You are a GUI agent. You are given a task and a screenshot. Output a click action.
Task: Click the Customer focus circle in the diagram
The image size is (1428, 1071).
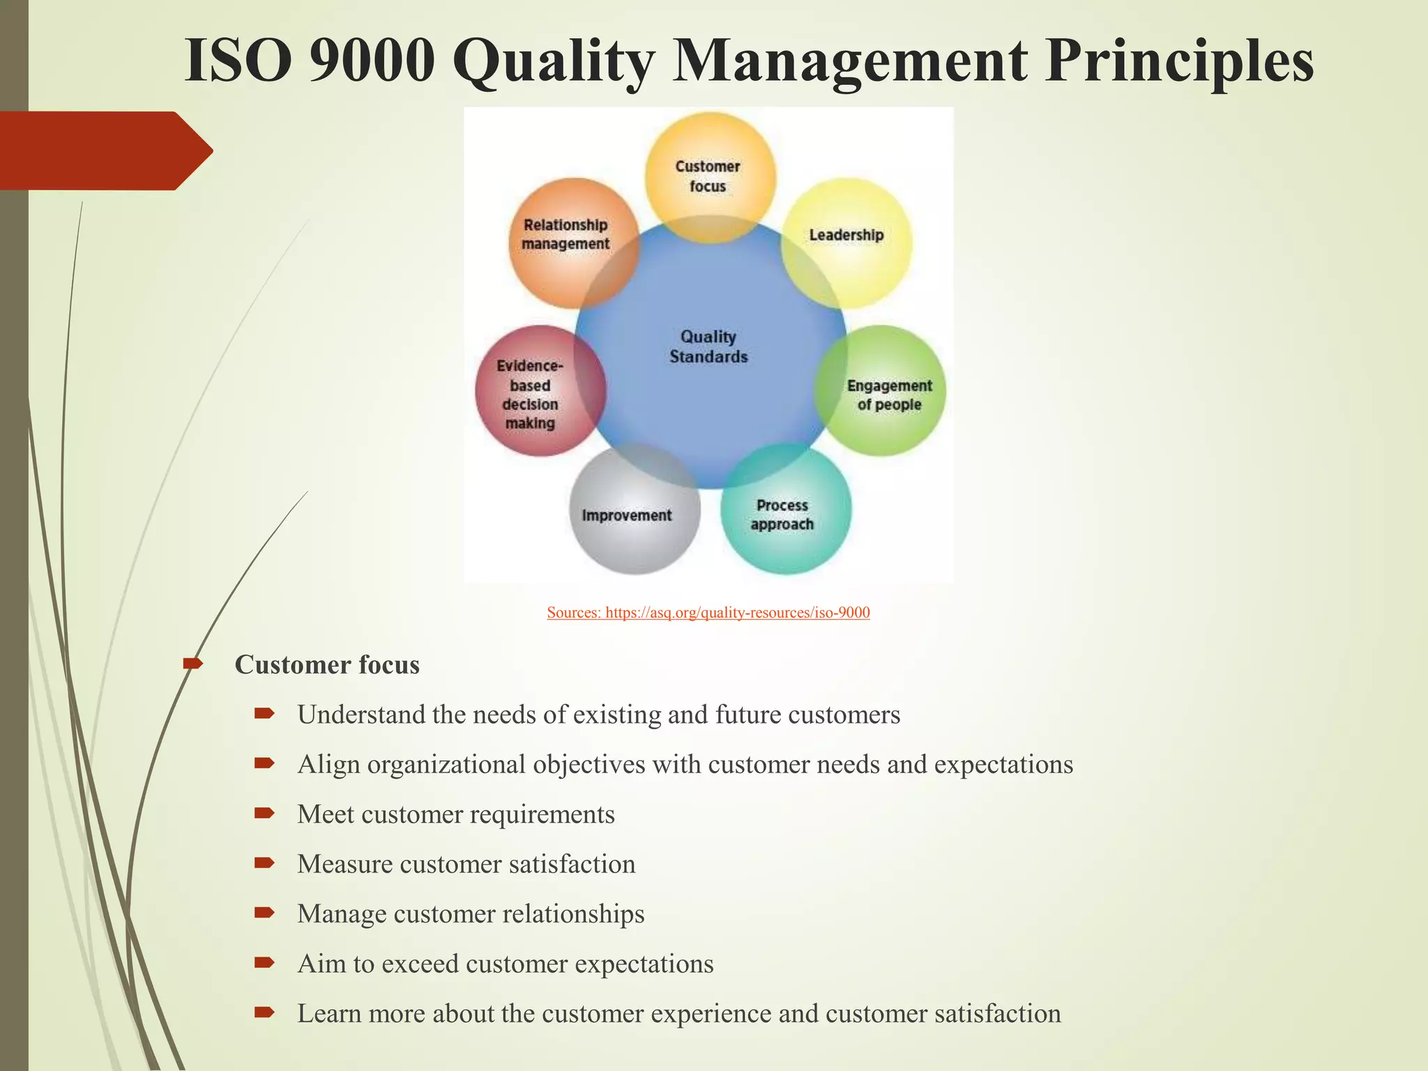coord(708,176)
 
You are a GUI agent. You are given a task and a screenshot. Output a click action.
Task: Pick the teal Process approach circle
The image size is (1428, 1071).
coord(784,515)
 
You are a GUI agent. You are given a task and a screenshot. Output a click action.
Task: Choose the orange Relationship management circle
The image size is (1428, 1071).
coord(566,235)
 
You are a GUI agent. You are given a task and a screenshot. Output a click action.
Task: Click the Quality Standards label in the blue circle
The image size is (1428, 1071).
coord(708,347)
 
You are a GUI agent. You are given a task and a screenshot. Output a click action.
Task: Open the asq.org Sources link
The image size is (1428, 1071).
coord(708,613)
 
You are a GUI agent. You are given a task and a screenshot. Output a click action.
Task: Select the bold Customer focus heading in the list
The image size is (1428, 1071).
coord(327,665)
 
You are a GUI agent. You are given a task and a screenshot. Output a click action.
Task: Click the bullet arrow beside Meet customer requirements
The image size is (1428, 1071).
coord(264,813)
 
